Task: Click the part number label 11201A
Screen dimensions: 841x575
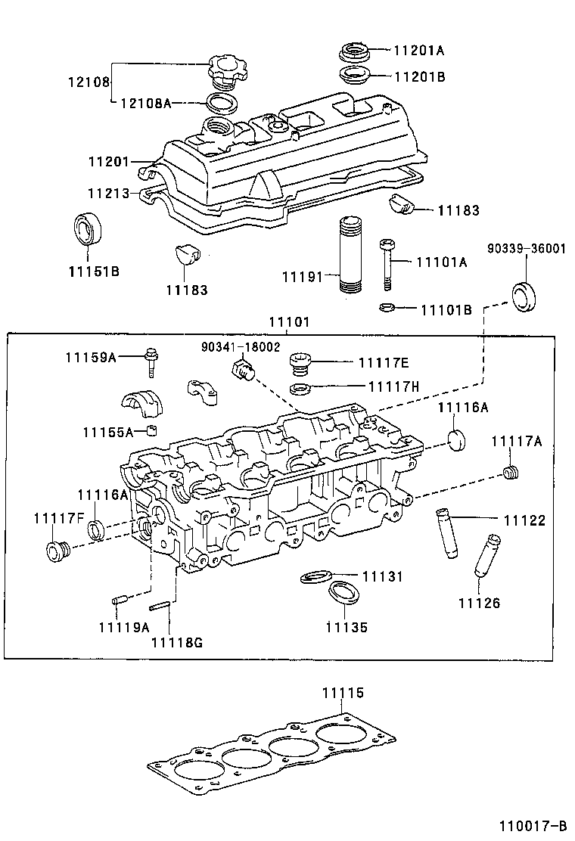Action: point(418,51)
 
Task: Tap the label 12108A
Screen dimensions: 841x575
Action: point(146,102)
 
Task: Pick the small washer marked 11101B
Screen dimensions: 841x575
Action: point(385,308)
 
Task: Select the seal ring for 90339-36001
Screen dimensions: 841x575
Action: point(525,296)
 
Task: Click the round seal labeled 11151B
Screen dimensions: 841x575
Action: point(86,229)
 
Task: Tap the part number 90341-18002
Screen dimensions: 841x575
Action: point(241,346)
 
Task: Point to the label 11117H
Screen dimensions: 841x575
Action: point(393,386)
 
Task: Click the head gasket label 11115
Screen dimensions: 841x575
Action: point(343,693)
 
